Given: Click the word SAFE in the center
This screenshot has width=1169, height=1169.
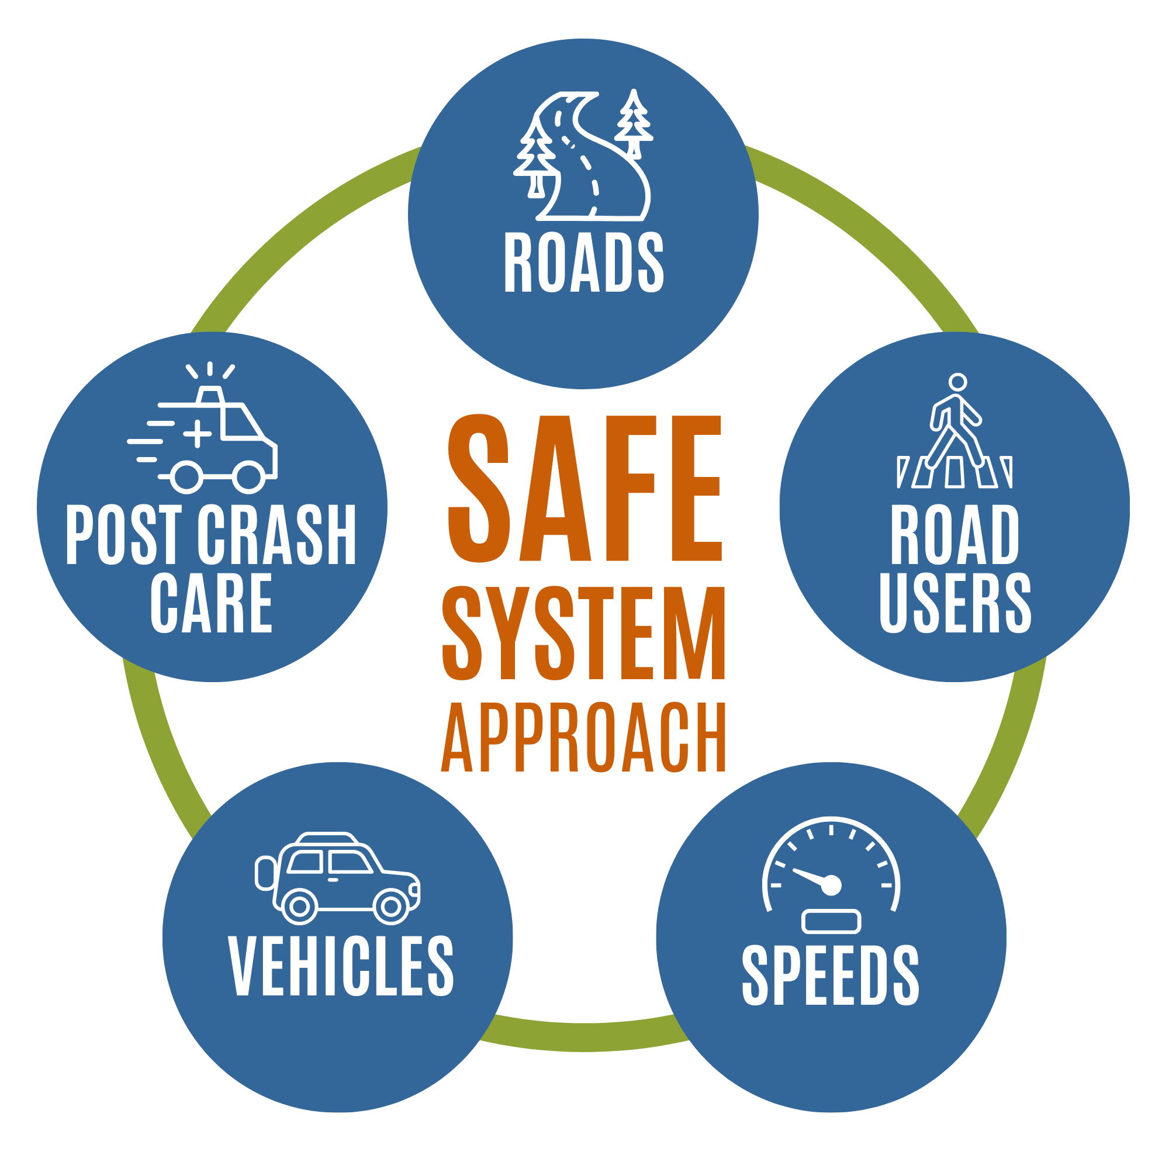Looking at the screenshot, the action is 584,487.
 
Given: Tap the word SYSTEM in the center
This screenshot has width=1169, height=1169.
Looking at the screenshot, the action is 584,634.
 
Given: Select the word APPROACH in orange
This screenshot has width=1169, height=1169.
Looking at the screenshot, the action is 583,736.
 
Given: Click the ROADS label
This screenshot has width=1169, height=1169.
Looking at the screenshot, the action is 584,262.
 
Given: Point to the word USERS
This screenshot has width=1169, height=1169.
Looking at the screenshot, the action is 956,603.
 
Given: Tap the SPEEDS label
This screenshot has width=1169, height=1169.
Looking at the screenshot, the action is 831,975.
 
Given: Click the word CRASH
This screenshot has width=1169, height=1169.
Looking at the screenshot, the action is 277,534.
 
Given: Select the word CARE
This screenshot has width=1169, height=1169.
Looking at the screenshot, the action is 211,603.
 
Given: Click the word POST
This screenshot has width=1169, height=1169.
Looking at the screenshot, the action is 123,534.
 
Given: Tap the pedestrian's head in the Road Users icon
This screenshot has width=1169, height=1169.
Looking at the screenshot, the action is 957,382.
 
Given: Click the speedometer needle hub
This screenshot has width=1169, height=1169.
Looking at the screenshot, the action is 832,885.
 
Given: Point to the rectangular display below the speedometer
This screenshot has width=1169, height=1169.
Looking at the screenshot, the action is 831,921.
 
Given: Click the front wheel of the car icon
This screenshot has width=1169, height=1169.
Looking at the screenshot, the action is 391,907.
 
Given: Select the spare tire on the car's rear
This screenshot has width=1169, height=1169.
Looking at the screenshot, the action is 265,873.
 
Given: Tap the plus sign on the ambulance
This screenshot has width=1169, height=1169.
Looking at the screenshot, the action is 197,434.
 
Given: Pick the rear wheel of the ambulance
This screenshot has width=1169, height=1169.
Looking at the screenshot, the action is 186,478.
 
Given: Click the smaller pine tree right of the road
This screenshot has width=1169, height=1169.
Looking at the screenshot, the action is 634,123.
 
